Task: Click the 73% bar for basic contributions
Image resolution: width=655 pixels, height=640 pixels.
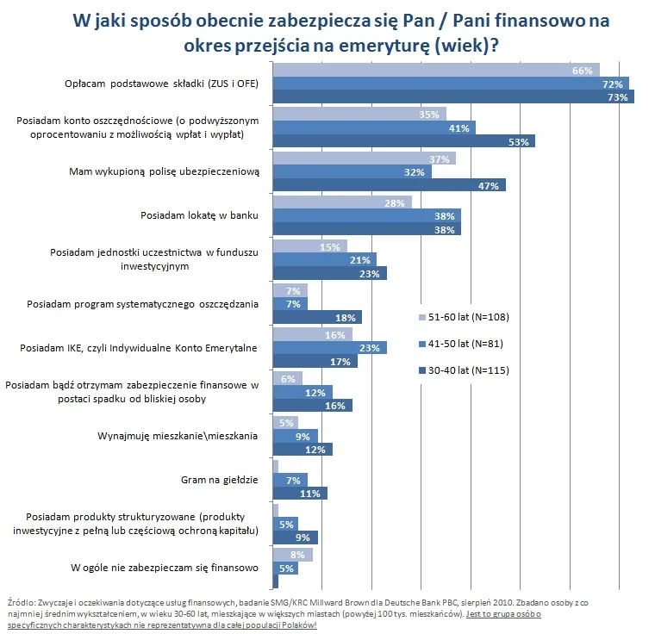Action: (x=452, y=97)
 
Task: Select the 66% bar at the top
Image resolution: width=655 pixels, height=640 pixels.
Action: (x=435, y=71)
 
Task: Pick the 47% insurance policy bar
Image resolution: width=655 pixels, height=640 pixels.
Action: (x=389, y=185)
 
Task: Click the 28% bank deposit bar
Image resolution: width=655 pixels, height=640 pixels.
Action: (x=342, y=202)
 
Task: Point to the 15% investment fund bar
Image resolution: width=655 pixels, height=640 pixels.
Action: (x=309, y=246)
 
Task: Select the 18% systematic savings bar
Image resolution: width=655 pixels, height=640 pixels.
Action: (x=316, y=317)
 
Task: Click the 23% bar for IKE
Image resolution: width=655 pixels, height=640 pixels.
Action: (x=329, y=348)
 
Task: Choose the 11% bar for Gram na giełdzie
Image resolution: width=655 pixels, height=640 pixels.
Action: (x=299, y=494)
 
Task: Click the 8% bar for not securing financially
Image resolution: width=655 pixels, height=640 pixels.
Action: (x=292, y=555)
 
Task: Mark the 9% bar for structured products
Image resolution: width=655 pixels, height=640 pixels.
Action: (x=295, y=537)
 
